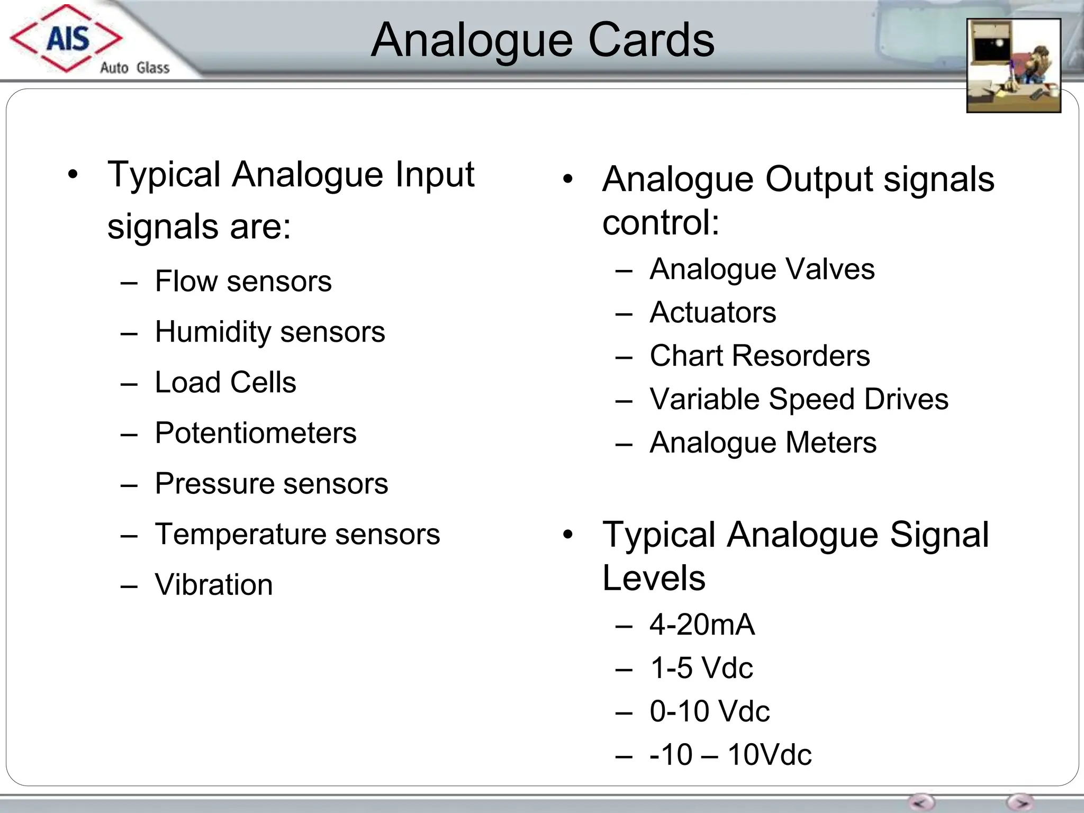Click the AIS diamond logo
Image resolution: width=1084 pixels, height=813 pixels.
click(66, 38)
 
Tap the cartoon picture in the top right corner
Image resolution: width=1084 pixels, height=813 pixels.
click(1013, 65)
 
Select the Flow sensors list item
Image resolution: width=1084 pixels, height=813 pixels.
click(243, 281)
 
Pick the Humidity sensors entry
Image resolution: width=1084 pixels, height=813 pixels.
click(270, 332)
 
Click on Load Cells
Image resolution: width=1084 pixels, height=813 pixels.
click(225, 382)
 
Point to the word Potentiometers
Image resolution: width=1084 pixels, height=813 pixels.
click(256, 433)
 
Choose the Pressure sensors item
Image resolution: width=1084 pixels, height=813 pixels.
click(272, 483)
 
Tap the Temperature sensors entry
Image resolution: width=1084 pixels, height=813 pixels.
click(297, 534)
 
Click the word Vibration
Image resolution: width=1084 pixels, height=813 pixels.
click(214, 585)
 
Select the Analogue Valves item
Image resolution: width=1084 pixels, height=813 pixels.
click(762, 269)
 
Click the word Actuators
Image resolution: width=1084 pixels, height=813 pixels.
click(713, 312)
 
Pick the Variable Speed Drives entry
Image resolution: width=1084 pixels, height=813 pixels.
click(799, 399)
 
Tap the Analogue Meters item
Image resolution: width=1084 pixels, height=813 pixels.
click(763, 442)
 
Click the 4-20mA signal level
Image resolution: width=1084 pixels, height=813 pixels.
click(702, 625)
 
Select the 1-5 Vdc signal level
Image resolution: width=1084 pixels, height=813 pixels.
click(701, 668)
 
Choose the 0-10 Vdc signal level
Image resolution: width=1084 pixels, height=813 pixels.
click(710, 711)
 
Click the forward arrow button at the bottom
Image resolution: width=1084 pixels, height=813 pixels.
click(1020, 802)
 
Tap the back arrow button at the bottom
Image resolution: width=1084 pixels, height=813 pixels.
click(922, 802)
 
